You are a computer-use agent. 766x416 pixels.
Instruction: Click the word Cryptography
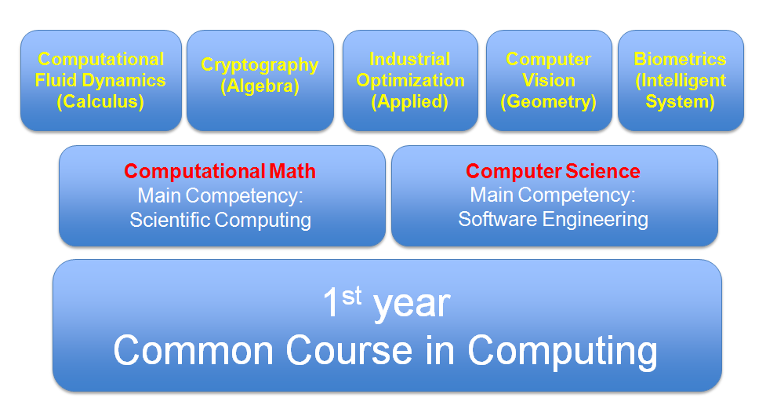click(x=260, y=65)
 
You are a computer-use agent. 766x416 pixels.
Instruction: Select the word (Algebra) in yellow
click(x=260, y=86)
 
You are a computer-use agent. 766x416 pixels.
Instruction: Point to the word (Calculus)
click(x=100, y=102)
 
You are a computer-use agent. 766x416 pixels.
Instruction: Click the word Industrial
click(x=410, y=59)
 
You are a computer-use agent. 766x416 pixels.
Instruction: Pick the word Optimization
click(x=410, y=81)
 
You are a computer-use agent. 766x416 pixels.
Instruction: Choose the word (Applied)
click(x=410, y=102)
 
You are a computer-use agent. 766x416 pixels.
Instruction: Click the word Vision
click(x=549, y=80)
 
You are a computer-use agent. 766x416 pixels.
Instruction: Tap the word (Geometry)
click(x=549, y=102)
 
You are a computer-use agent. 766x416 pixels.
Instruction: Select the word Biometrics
click(x=680, y=59)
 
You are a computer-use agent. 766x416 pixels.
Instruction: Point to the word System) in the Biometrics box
click(x=680, y=102)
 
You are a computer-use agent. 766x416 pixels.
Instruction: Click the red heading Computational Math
click(x=220, y=172)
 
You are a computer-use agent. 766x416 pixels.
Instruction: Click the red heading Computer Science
click(x=553, y=172)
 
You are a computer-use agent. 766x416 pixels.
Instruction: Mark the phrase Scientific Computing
click(x=220, y=220)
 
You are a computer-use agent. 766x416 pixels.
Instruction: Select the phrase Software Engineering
click(x=553, y=220)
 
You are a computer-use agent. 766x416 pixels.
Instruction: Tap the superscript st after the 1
click(x=352, y=296)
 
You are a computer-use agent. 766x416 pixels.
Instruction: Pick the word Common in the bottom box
click(x=194, y=350)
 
